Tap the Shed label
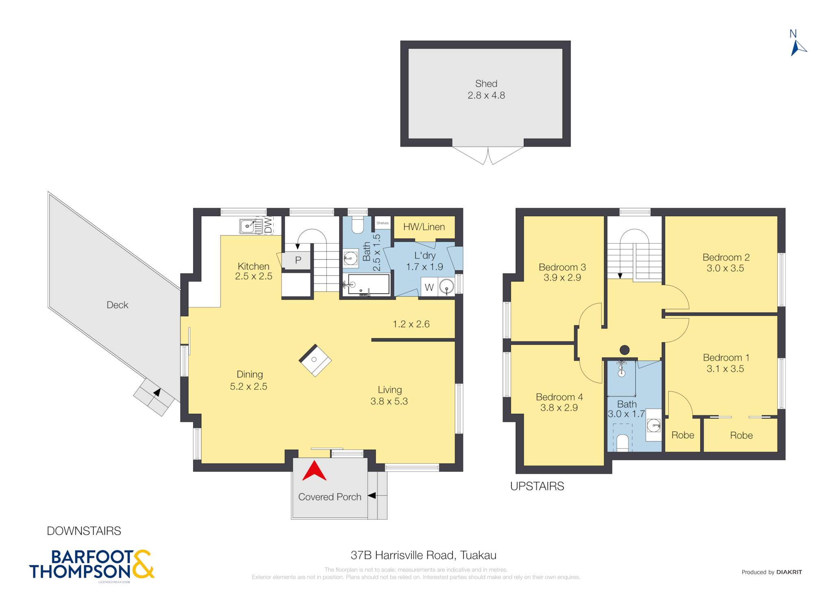coord(486,83)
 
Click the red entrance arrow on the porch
coord(314,471)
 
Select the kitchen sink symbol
coord(247,226)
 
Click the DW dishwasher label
coord(268,225)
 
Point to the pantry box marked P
coord(298,260)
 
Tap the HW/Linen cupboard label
coord(424,227)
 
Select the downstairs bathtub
coord(369,284)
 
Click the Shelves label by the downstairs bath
coord(382,223)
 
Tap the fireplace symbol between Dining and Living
coord(315,360)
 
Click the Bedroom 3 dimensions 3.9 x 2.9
coord(562,278)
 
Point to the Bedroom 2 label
coord(726,257)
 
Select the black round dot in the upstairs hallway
coord(625,350)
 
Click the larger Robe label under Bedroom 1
coord(741,435)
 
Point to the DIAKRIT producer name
coord(789,572)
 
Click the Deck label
coord(117,305)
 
